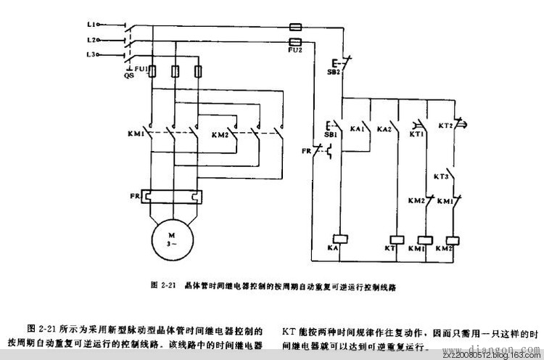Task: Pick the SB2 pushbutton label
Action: point(336,73)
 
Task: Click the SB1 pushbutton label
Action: point(330,135)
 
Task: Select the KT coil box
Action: point(397,238)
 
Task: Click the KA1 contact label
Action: point(356,128)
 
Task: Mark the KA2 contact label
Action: point(384,128)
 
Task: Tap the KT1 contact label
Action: point(416,135)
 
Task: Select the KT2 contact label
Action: point(445,126)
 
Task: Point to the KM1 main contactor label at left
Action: point(135,135)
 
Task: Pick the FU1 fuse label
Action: point(142,70)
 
